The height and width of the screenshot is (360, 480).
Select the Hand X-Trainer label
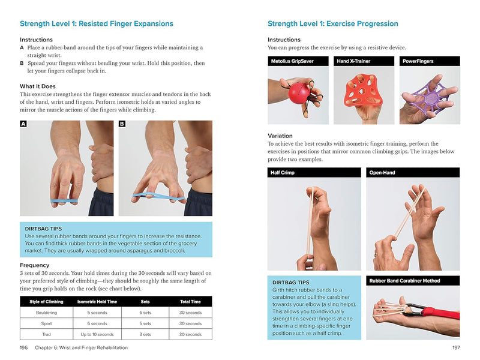pyautogui.click(x=355, y=61)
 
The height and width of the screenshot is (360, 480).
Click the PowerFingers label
pyautogui.click(x=419, y=61)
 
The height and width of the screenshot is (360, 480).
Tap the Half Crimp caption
pyautogui.click(x=284, y=173)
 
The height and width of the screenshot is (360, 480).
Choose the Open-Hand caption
pyautogui.click(x=383, y=173)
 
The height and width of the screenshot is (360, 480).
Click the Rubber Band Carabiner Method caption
pyautogui.click(x=405, y=280)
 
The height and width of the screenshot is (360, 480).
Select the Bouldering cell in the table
pyautogui.click(x=47, y=313)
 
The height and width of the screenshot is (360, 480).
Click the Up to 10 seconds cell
pyautogui.click(x=97, y=334)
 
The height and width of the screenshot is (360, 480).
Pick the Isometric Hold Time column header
pyautogui.click(x=97, y=302)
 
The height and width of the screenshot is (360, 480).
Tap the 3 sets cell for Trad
pyautogui.click(x=145, y=334)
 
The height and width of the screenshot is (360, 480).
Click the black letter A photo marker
pyautogui.click(x=24, y=124)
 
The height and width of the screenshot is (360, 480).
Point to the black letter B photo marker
pyautogui.click(x=122, y=124)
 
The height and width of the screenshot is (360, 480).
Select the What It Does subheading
pyautogui.click(x=38, y=86)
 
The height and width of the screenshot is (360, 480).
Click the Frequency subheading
pyautogui.click(x=35, y=265)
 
